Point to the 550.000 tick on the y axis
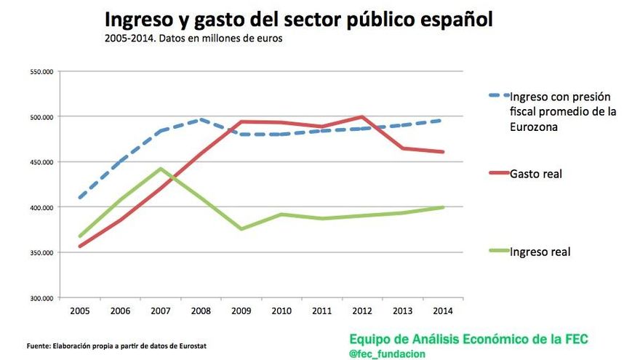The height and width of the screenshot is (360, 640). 42,71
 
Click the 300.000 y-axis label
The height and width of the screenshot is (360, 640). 42,298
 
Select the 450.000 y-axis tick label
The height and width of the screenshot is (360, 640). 42,162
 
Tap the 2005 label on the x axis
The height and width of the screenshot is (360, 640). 80,311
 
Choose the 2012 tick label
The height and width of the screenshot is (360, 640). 361,311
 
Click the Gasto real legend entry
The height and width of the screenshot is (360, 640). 537,174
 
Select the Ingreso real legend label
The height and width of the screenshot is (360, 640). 540,252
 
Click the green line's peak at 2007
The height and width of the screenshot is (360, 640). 160,169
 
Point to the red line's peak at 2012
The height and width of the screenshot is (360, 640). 361,116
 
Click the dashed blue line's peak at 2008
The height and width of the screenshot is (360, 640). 201,119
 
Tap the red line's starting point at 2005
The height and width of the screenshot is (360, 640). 80,247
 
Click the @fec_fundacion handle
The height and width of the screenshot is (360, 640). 387,353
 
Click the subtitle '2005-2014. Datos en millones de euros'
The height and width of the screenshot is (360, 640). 193,39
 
